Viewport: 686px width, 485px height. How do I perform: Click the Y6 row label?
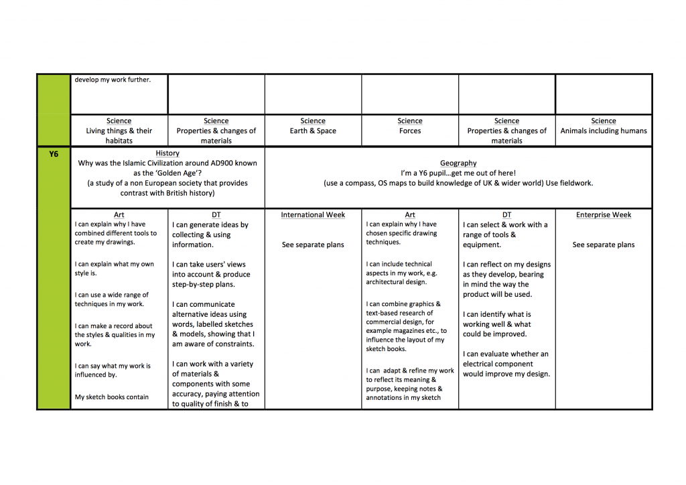tap(54, 154)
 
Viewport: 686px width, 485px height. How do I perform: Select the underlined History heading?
tap(167, 153)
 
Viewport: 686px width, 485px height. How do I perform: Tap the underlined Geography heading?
tap(458, 163)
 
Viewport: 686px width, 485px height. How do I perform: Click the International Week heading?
tap(313, 215)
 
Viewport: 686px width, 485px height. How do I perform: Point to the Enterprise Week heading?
tap(603, 215)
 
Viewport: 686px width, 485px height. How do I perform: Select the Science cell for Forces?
tap(410, 127)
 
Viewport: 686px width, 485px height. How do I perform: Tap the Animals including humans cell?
tap(603, 131)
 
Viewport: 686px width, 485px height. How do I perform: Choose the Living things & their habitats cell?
tap(119, 131)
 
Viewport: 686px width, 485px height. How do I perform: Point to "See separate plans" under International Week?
tap(313, 245)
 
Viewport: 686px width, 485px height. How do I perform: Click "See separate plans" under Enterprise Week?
tap(603, 245)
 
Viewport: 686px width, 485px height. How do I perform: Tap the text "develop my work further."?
tap(113, 80)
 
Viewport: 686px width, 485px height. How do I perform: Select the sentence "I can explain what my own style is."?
tap(114, 269)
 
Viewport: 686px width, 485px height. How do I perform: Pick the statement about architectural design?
tap(399, 273)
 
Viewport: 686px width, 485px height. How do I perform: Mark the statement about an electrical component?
tap(506, 364)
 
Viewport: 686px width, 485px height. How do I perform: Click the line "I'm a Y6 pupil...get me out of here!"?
tap(458, 173)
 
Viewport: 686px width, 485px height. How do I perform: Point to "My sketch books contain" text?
tap(112, 397)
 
